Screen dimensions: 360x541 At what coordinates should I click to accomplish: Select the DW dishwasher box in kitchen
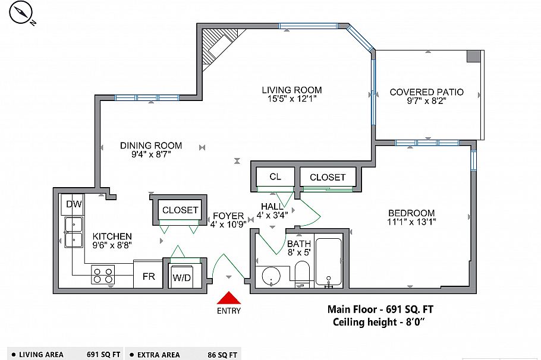click(x=74, y=205)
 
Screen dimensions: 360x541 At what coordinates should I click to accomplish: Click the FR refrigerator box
click(x=147, y=276)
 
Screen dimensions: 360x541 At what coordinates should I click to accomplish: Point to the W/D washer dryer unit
click(x=182, y=277)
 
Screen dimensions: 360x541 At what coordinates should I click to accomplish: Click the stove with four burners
click(x=102, y=275)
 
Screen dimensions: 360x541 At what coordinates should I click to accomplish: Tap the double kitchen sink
click(x=74, y=232)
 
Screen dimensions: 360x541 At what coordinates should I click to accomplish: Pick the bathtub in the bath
click(x=328, y=263)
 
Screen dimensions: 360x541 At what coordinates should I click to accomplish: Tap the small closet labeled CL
click(x=275, y=177)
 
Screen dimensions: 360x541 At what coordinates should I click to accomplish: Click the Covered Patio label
click(x=426, y=92)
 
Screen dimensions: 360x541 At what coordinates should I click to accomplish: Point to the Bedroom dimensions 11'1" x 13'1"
click(x=411, y=223)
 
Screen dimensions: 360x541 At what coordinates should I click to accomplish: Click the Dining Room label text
click(x=151, y=146)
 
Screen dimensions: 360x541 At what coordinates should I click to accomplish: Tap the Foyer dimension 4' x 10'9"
click(x=228, y=225)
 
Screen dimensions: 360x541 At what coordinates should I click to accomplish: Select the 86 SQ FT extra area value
click(x=224, y=355)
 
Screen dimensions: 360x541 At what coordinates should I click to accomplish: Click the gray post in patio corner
click(x=473, y=56)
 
